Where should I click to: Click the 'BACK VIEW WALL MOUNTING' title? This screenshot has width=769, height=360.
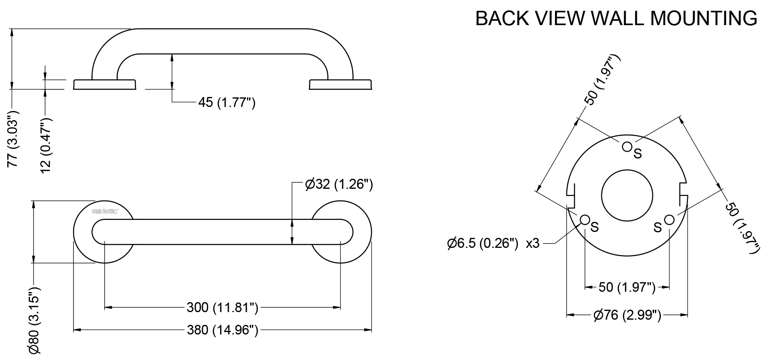[x=616, y=18]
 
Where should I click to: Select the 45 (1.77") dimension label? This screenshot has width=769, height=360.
[x=226, y=103]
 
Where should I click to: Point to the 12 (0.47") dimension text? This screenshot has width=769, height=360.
[x=46, y=145]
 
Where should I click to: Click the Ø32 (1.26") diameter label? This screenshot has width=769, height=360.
[x=339, y=184]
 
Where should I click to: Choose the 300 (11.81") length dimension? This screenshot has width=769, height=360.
[x=222, y=307]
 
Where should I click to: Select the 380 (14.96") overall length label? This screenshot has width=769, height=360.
[x=222, y=330]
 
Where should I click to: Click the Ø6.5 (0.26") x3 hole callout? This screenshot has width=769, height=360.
[x=494, y=243]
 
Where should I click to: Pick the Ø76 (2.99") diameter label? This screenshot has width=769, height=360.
[x=627, y=315]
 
